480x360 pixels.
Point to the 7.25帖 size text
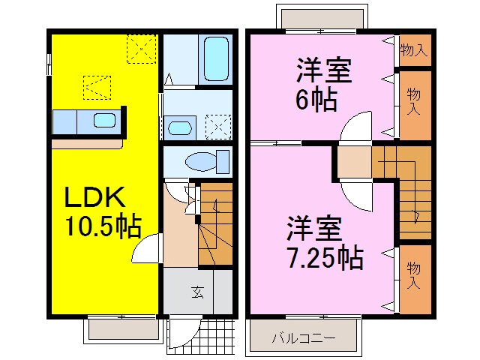pos(325,256)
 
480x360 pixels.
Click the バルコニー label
pos(304,337)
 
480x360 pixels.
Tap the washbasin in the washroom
pos(179,127)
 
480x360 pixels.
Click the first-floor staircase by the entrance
pos(215,225)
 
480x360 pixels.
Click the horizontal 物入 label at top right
pos(413,51)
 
